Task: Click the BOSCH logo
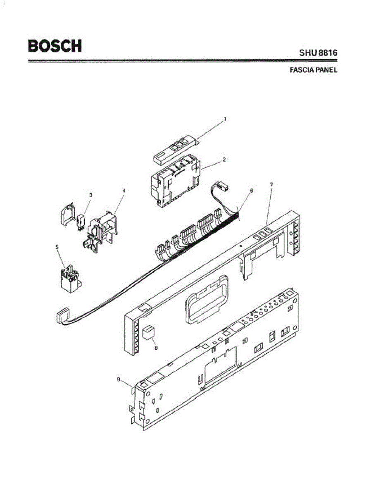pos(55,46)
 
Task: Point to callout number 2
pos(224,158)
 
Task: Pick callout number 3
pos(90,195)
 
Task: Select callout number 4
pos(124,191)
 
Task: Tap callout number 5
pos(57,247)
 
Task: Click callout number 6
pos(251,191)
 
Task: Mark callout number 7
pos(271,184)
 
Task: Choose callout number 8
pos(156,348)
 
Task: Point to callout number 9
pos(118,379)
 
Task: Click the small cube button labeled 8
pos(148,332)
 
